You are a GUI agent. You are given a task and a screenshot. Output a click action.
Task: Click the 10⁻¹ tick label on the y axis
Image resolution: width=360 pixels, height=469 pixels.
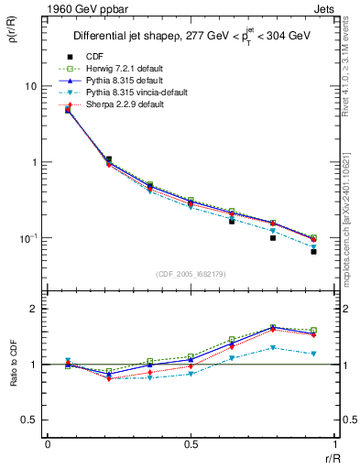pos(28,238)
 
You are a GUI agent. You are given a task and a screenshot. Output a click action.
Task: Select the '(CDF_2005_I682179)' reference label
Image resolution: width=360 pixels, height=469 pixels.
pos(191,274)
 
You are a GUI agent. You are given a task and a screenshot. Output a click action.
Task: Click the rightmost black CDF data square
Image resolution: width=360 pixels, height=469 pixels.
pos(313,251)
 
